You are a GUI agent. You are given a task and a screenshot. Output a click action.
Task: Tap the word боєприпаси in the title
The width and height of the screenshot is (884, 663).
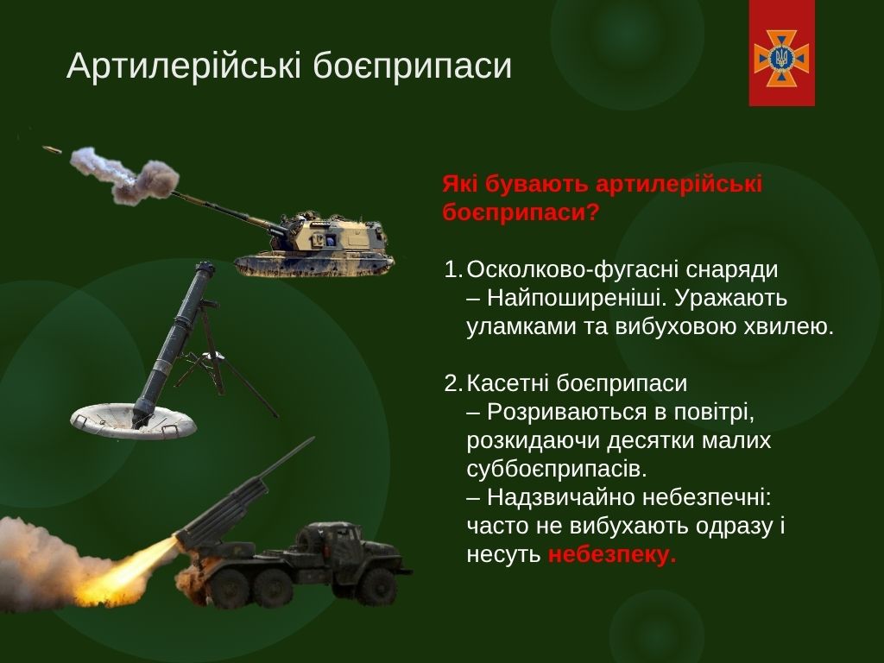click(x=412, y=66)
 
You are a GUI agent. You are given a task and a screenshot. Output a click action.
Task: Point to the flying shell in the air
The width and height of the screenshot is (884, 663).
click(x=52, y=149)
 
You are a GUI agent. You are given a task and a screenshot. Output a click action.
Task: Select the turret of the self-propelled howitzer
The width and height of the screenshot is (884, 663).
click(x=332, y=234)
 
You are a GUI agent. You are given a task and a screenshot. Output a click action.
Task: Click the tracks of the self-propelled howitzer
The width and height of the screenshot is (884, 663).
click(x=313, y=266)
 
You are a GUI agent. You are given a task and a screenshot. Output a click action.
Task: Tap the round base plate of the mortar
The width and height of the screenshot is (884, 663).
click(x=133, y=420)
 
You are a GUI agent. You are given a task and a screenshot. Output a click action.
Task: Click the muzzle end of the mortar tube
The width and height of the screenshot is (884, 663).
click(x=204, y=266)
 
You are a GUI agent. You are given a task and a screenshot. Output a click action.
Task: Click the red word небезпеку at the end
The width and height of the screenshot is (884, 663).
click(x=612, y=555)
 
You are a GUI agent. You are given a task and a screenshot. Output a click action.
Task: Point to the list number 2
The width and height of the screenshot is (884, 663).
click(x=452, y=383)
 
